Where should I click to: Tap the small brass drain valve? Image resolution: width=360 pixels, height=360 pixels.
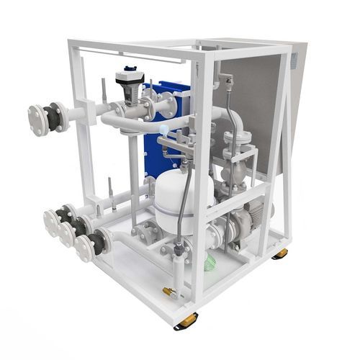[170, 292]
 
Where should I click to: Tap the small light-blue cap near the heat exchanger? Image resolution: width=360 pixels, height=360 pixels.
[164, 130]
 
